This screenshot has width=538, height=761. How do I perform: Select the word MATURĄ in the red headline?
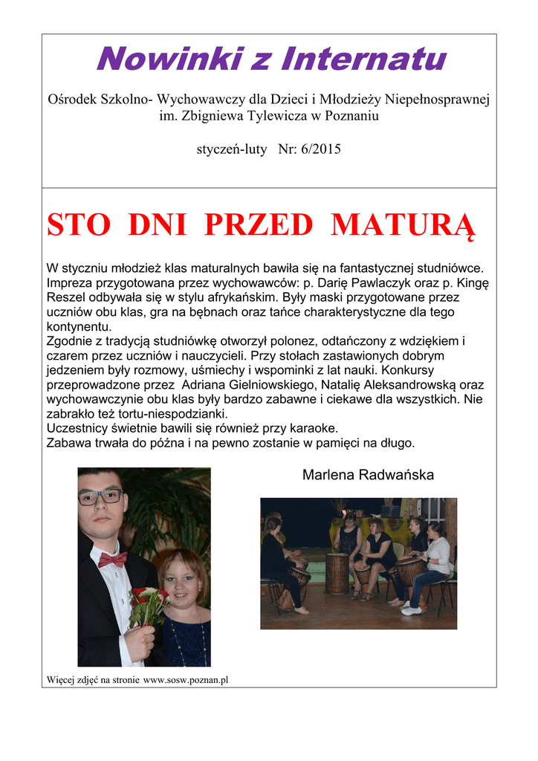[401, 224]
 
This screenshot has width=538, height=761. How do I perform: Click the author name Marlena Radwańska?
[368, 475]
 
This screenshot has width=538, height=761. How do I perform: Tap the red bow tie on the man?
[111, 559]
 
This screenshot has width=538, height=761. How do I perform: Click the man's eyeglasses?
[100, 497]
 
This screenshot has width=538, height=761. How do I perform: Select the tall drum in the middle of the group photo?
[337, 572]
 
